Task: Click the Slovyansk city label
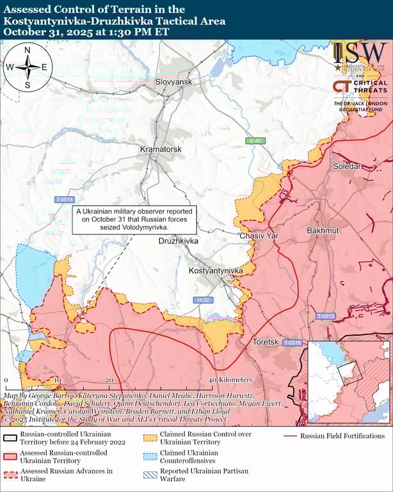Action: click(174, 83)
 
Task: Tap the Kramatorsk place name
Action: click(161, 149)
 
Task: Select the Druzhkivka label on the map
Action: click(179, 241)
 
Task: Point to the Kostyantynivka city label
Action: click(216, 272)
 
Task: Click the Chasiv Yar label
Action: click(259, 236)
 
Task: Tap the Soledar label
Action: click(347, 167)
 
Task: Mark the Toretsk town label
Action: click(266, 342)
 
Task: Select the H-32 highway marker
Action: click(204, 300)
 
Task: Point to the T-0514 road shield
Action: click(65, 200)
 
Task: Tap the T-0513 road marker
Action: click(325, 316)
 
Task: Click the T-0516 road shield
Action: click(292, 343)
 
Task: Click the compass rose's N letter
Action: click(27, 50)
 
